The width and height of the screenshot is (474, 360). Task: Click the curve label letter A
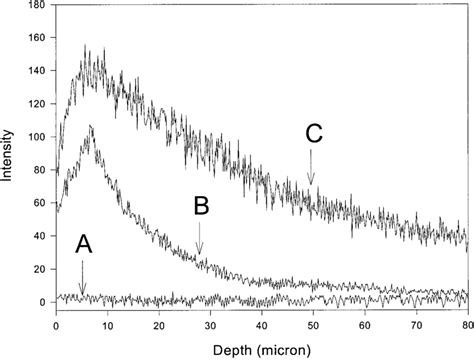[x=83, y=245]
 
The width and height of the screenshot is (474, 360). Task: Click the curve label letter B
[x=200, y=207]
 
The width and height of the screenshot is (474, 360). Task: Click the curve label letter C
[x=313, y=133]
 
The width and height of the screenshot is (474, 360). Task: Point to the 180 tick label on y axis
[x=36, y=6]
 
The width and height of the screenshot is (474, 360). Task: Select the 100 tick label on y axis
[x=36, y=138]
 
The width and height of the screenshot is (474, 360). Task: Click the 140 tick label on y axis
[x=36, y=72]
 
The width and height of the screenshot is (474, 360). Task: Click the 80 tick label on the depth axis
[x=466, y=326]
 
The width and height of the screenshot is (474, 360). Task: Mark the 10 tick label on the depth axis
[x=108, y=326]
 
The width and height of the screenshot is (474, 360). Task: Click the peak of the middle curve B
[x=92, y=126]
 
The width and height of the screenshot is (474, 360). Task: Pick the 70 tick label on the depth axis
[x=416, y=326]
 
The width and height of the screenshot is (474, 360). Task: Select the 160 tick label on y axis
[x=36, y=39]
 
